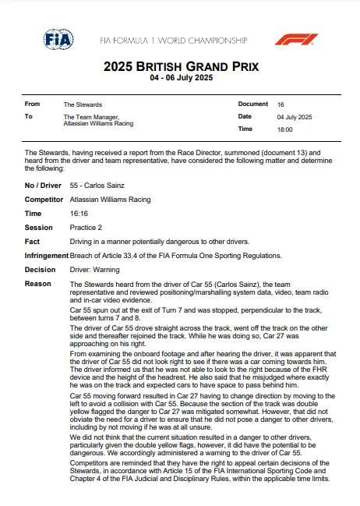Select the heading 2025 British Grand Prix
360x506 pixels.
coord(179,67)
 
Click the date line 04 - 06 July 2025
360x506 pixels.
coord(179,78)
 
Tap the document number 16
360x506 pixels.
coord(281,104)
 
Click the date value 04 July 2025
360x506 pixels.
coord(295,116)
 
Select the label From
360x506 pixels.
coord(33,104)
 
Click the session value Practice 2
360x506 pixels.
coord(86,228)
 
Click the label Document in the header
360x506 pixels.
coord(253,104)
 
